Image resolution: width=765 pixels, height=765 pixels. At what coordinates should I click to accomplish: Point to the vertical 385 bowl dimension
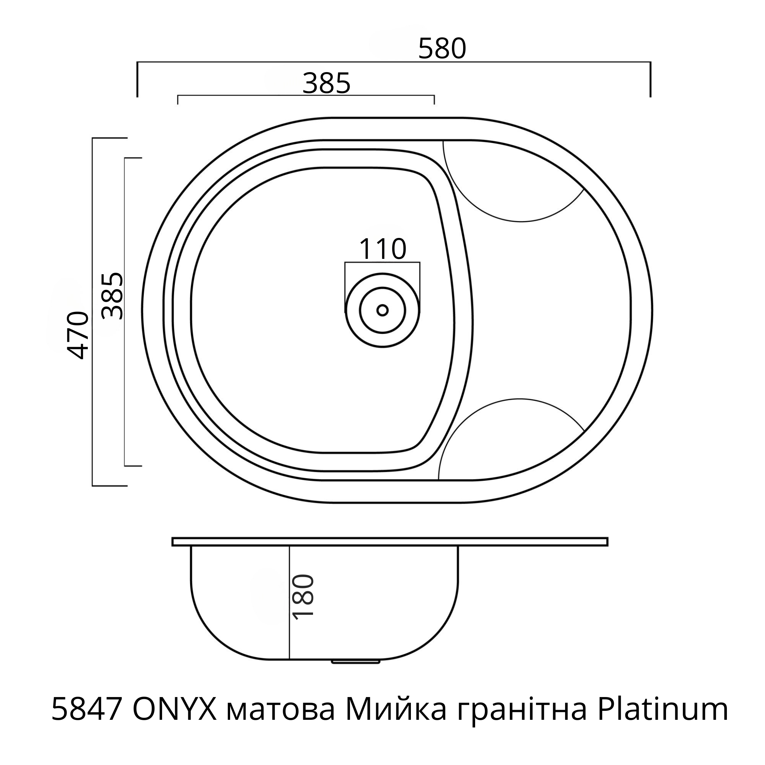(112, 296)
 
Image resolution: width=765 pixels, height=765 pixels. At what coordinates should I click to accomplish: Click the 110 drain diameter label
(382, 250)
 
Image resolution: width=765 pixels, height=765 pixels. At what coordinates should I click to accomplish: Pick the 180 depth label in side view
(303, 597)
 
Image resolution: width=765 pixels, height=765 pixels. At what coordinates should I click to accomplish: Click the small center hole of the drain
(382, 310)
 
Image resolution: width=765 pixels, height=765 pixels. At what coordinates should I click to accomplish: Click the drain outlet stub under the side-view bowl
(355, 661)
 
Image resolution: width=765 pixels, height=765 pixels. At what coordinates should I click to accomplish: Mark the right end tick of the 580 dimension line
(650, 79)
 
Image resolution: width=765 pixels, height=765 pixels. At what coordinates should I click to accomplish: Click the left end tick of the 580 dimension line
(137, 79)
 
